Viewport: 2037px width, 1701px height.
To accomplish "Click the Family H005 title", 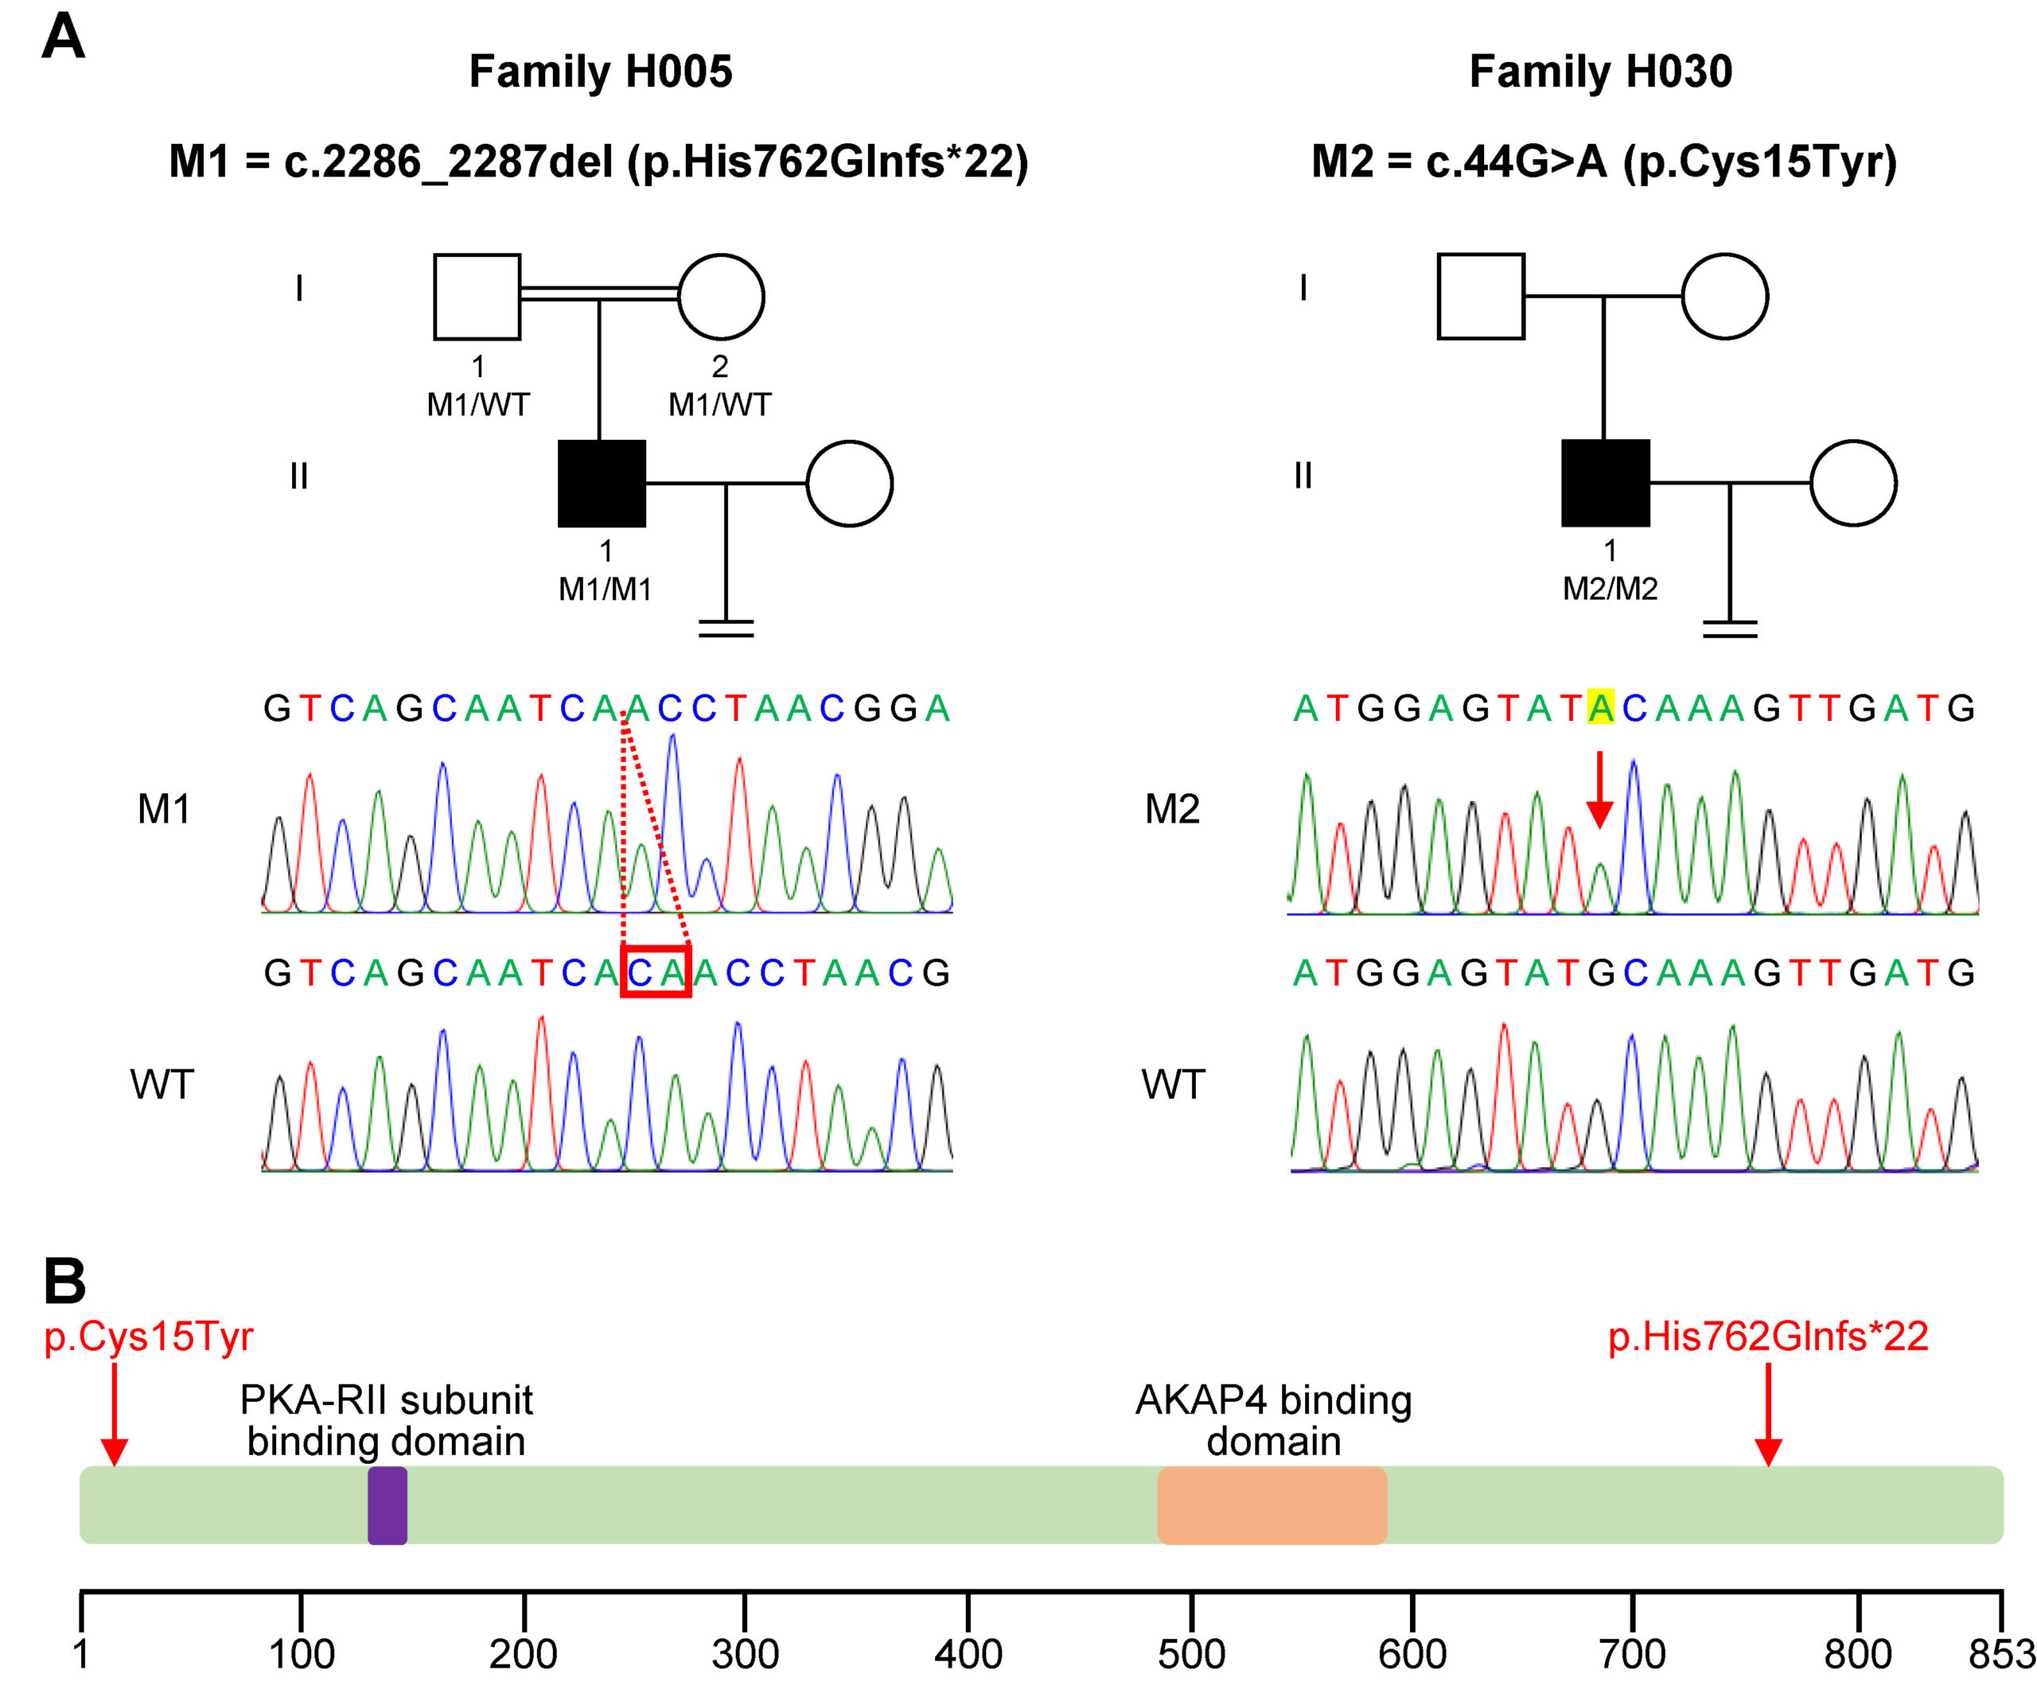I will tap(601, 72).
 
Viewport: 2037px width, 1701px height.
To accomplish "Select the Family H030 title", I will tap(1600, 72).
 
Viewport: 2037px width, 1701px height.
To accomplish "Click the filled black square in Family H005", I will tap(602, 483).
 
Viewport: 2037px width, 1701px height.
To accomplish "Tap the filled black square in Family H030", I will tap(1606, 483).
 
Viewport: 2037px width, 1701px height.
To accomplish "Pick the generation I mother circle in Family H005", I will tap(721, 297).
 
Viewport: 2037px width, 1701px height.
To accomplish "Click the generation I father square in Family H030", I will tap(1480, 297).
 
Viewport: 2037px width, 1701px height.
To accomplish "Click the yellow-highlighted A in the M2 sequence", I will tap(1600, 708).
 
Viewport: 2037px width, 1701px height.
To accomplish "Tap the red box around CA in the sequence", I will tap(656, 971).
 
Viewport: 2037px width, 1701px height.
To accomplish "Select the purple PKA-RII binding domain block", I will tap(387, 1505).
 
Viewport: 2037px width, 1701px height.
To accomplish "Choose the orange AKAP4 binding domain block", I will tap(1272, 1505).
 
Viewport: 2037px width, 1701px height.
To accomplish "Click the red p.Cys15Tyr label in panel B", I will tap(149, 1337).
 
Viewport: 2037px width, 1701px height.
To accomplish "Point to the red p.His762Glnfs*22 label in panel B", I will tap(1767, 1337).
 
